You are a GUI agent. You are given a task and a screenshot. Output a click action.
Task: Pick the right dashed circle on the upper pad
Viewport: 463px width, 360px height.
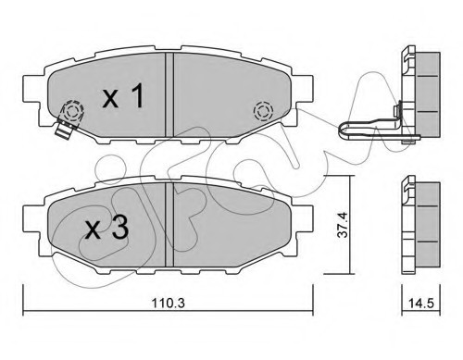click(x=261, y=112)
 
